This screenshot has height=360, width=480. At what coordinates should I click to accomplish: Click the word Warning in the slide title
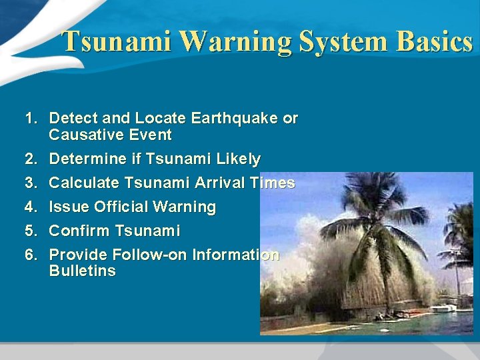pos(236,41)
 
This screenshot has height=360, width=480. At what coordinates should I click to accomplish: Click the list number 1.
pos(30,119)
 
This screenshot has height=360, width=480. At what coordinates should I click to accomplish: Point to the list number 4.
pos(30,207)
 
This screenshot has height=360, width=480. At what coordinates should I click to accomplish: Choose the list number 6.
pos(30,255)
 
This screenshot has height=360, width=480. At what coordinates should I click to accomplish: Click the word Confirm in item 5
pos(79,231)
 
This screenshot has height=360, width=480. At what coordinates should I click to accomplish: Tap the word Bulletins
pos(82,271)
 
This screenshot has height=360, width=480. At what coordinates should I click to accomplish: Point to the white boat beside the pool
pos(443,309)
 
